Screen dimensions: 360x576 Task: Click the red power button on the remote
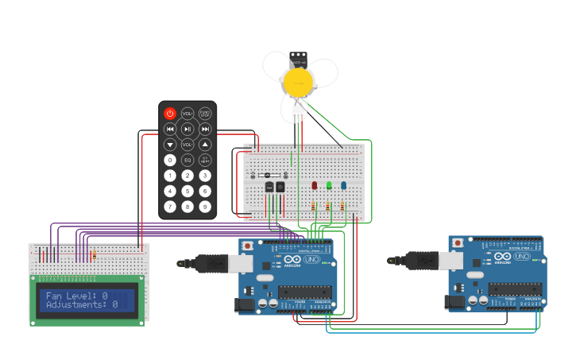coord(169,114)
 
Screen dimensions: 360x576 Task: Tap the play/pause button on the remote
coord(187,129)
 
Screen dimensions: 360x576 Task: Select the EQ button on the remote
coord(187,160)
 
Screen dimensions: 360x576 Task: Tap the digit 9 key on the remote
coord(205,207)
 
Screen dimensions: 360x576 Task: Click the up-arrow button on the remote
coord(205,145)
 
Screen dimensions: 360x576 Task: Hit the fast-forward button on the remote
coord(205,129)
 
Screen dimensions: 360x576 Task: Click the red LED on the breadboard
coord(315,185)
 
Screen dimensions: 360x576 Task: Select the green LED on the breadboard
coord(329,185)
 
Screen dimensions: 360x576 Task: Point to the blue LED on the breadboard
coord(343,185)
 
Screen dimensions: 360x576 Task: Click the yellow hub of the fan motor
coord(298,80)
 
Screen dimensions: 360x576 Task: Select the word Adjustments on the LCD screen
coord(75,304)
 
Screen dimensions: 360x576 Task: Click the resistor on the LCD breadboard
coord(94,255)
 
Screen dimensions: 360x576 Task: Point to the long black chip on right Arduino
coord(516,289)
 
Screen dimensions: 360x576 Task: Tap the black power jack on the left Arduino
coord(244,304)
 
